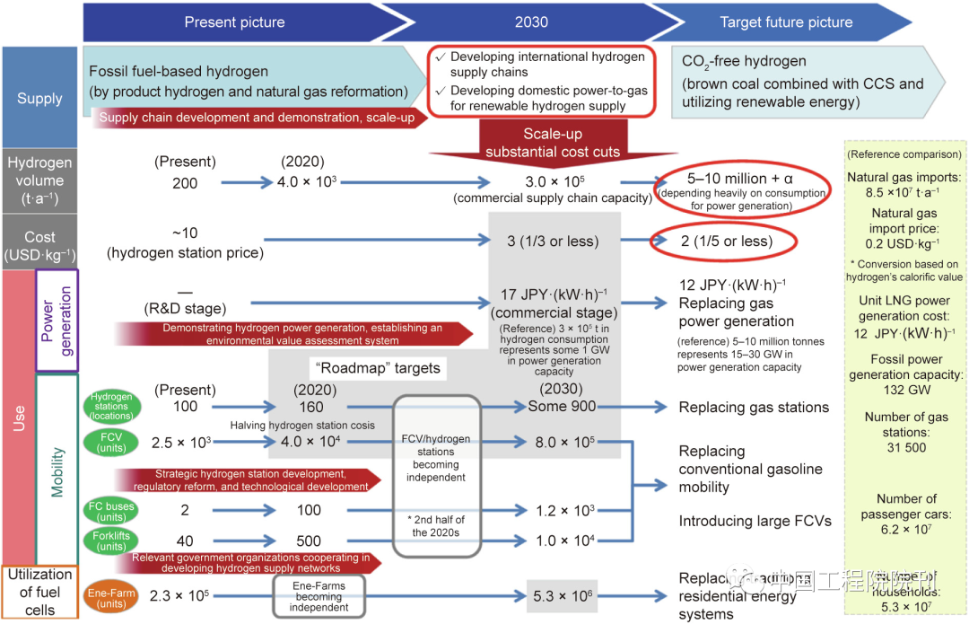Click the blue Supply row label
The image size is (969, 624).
tap(39, 98)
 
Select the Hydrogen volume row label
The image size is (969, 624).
tap(39, 180)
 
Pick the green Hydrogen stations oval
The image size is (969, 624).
tap(110, 406)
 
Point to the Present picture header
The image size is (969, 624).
tap(234, 22)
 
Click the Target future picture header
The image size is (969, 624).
tap(786, 22)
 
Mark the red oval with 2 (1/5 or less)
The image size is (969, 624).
tap(724, 242)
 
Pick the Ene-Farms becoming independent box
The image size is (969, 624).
tap(320, 595)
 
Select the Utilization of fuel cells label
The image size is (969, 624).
tap(39, 592)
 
